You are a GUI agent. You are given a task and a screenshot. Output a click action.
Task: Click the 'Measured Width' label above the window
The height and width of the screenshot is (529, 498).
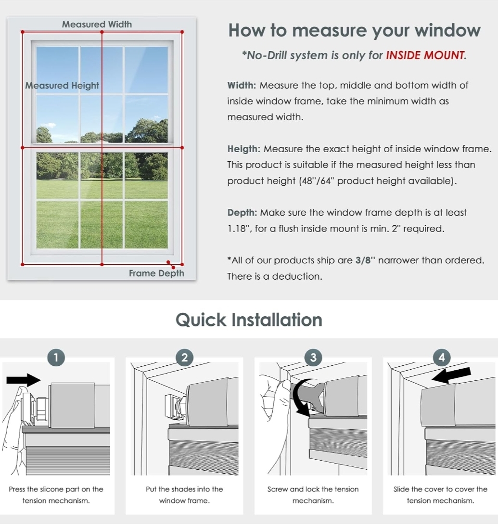coord(97,24)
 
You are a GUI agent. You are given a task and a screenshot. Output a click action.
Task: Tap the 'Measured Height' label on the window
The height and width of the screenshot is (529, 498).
coord(62,86)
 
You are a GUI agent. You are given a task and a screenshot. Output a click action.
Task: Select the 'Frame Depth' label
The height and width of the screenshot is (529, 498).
coord(156,273)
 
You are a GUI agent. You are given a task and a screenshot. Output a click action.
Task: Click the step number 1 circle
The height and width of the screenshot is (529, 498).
coord(56,357)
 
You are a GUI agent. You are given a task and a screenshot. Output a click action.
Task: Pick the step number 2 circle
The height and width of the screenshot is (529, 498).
coord(184,357)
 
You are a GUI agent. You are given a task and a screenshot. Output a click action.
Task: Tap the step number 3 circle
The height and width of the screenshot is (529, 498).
coord(313,357)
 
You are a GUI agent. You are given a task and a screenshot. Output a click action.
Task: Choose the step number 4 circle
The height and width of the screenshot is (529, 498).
coord(442,357)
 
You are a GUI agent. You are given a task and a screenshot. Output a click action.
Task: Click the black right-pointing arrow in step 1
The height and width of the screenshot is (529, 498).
coord(24,380)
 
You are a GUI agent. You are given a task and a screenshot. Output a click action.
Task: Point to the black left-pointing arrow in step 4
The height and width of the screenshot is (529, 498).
coord(451,375)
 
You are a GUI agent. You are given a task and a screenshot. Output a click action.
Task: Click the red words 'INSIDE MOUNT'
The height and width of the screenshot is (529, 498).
coord(425,55)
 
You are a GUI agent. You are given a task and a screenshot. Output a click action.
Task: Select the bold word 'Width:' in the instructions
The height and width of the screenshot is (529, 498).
coord(242,85)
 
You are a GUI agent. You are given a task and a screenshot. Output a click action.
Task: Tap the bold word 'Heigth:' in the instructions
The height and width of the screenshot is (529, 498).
coord(244,149)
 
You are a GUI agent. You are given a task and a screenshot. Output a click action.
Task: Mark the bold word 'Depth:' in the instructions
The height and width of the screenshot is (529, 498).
coord(242,213)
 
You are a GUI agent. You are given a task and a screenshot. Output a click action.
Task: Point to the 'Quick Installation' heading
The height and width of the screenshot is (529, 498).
coord(249,320)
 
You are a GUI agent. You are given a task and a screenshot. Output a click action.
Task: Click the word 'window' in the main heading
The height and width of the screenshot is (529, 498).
coord(447,30)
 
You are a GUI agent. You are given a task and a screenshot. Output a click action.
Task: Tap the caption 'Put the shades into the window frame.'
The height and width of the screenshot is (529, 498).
coord(184,495)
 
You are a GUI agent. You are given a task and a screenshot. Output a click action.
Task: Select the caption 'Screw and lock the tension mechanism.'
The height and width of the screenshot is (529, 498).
coord(313,495)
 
